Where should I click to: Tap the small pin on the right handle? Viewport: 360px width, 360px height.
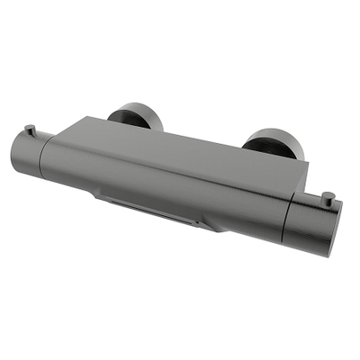328,197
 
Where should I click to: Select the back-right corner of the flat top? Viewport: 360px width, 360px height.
304,162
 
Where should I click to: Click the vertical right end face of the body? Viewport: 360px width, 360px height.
301,180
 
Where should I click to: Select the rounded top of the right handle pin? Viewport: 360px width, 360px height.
328,193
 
